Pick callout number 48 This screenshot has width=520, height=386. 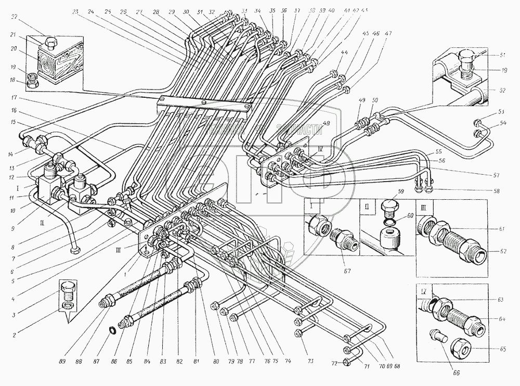click(326, 123)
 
